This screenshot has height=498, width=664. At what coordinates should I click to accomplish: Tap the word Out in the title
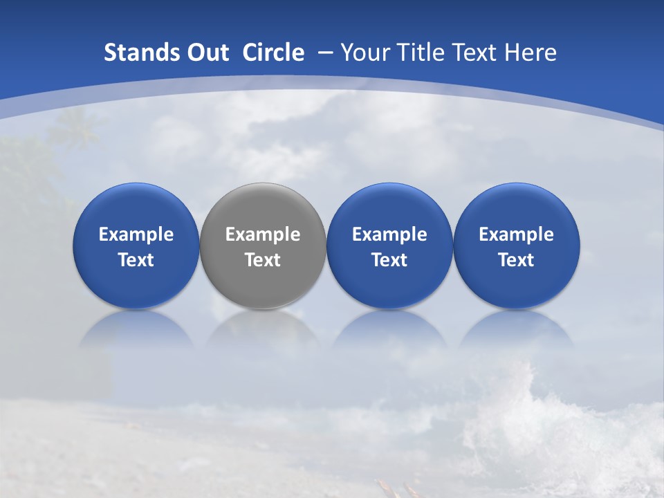pos(206,53)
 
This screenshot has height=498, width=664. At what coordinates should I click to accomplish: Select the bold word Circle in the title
pos(273,53)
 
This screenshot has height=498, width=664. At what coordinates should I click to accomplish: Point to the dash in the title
pos(325,53)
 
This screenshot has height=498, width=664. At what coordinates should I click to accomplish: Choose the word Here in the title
pos(533,53)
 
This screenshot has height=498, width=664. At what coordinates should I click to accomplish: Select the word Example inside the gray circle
pos(263,234)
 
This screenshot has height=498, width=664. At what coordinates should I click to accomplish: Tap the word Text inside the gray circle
pos(263,260)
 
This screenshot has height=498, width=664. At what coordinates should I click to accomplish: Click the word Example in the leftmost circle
pos(136,234)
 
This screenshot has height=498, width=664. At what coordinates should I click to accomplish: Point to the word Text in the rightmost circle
pos(517,260)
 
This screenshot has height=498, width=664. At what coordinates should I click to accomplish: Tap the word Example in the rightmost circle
pos(517,234)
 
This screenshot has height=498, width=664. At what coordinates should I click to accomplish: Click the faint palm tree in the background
pos(73,128)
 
